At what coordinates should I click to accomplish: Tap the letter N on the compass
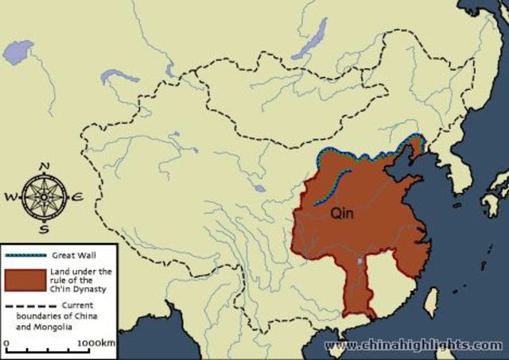pos(45,166)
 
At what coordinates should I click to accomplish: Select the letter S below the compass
pos(45,230)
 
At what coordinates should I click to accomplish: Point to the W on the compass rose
pos(11,196)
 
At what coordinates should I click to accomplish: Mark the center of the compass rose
pos(44,196)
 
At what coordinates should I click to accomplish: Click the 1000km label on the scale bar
pos(98,343)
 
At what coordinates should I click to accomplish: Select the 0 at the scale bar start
pos(6,343)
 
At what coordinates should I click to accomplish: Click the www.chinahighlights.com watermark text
pos(414,346)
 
